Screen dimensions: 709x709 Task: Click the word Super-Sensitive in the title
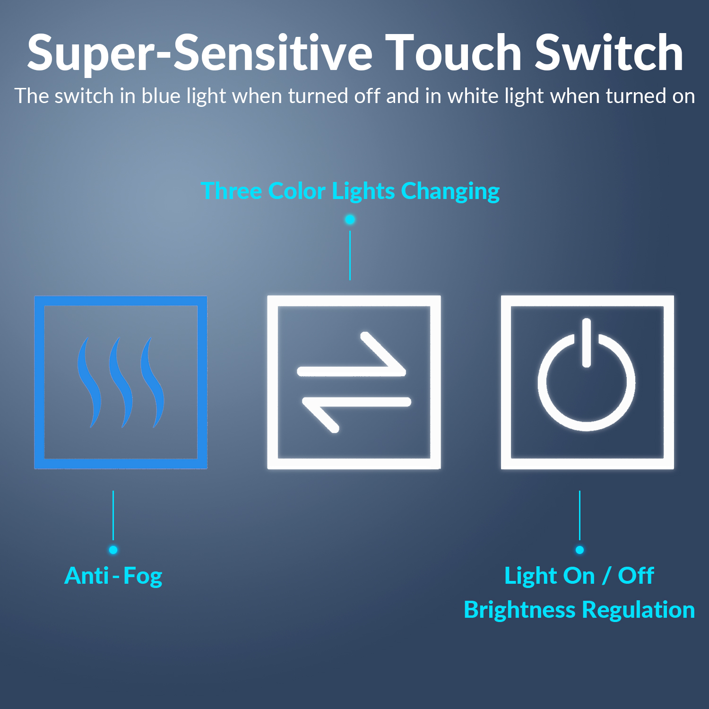[200, 53]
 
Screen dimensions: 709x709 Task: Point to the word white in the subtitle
[473, 96]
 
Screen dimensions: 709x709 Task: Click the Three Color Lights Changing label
[350, 191]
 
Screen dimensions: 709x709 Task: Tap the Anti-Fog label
[113, 576]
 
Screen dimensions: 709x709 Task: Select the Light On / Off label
[579, 576]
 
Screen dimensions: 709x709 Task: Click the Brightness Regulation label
[579, 610]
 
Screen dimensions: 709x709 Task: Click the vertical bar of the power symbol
[587, 343]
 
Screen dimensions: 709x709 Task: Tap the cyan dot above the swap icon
[350, 219]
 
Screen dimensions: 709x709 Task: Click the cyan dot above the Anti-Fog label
[113, 550]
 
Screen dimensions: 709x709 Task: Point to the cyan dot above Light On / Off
[579, 550]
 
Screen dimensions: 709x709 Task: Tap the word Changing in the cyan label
[450, 191]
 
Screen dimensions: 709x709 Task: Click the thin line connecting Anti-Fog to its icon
[113, 515]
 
